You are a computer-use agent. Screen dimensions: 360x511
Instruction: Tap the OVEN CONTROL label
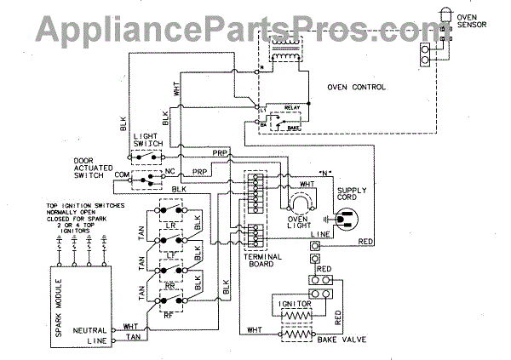point(357,87)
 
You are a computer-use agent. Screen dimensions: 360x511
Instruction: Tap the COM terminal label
point(120,174)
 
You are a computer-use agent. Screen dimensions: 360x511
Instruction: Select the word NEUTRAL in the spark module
point(113,328)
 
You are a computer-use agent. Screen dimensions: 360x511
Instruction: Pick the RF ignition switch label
point(170,312)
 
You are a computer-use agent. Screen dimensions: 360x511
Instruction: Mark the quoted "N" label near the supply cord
point(323,173)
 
